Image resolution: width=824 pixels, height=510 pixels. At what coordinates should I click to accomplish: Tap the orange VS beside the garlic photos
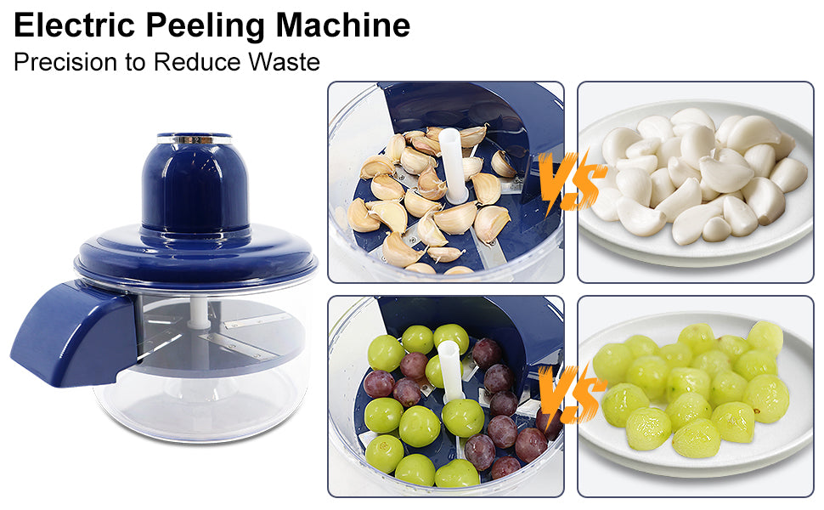[570, 180]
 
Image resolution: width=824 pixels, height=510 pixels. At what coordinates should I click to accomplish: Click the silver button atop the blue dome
[195, 138]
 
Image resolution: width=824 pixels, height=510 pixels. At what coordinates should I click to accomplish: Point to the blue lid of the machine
[195, 255]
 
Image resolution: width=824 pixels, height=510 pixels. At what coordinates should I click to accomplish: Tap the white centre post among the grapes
[451, 382]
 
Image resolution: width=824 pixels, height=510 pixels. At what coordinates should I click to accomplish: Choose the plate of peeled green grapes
[696, 395]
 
